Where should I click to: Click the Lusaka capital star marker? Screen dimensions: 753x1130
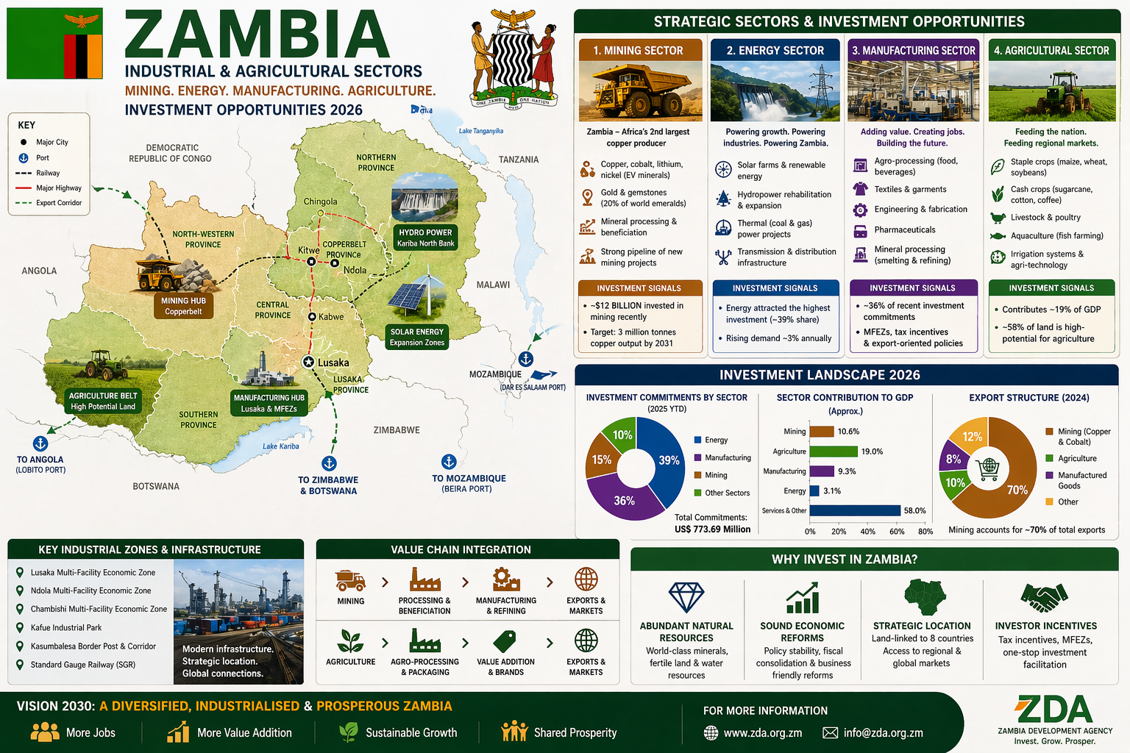point(309,362)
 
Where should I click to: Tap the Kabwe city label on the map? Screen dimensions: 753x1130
point(330,317)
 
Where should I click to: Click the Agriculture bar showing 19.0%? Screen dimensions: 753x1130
point(833,452)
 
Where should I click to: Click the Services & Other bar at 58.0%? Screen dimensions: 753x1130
point(855,510)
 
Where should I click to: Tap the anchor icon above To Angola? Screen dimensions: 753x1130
point(40,443)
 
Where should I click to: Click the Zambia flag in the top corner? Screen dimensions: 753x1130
point(54,44)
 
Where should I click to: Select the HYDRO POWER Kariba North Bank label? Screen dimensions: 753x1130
point(425,238)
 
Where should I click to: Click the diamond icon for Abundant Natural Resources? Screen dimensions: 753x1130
point(686,597)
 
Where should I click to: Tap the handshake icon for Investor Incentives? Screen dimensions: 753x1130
point(1044,598)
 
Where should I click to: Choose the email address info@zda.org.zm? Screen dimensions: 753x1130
point(883,732)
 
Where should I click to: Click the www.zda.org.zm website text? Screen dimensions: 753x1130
point(762,732)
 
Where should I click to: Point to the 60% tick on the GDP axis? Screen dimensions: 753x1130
point(897,531)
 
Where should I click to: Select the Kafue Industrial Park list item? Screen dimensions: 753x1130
point(66,628)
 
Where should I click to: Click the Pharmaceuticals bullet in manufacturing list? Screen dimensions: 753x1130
point(904,230)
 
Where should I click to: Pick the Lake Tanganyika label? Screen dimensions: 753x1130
point(480,131)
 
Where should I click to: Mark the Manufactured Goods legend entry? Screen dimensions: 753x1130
point(1081,480)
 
